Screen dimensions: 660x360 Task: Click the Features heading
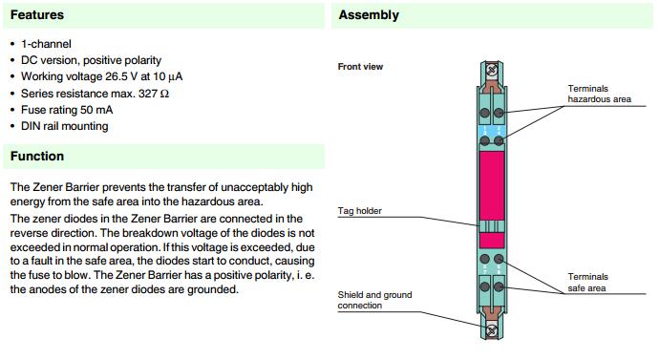[x=37, y=15]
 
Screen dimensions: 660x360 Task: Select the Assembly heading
[x=369, y=15]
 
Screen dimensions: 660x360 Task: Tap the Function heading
[x=37, y=157]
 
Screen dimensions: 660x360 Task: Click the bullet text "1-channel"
[x=46, y=44]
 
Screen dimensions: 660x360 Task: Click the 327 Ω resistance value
[x=154, y=94]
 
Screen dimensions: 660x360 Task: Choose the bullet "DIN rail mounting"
[x=65, y=126]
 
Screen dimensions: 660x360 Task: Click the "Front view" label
[x=360, y=67]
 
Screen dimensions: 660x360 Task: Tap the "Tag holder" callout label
[x=359, y=210]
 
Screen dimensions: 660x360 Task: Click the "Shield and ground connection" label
[x=374, y=300]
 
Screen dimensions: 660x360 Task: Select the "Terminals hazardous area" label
[x=599, y=94]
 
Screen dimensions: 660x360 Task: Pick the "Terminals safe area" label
[x=587, y=283]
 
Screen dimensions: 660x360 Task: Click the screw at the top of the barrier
[x=492, y=70]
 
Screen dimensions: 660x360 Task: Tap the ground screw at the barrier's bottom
[x=492, y=330]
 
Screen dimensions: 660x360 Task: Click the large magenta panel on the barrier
[x=492, y=186]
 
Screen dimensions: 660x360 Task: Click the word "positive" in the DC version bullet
[x=101, y=60]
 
